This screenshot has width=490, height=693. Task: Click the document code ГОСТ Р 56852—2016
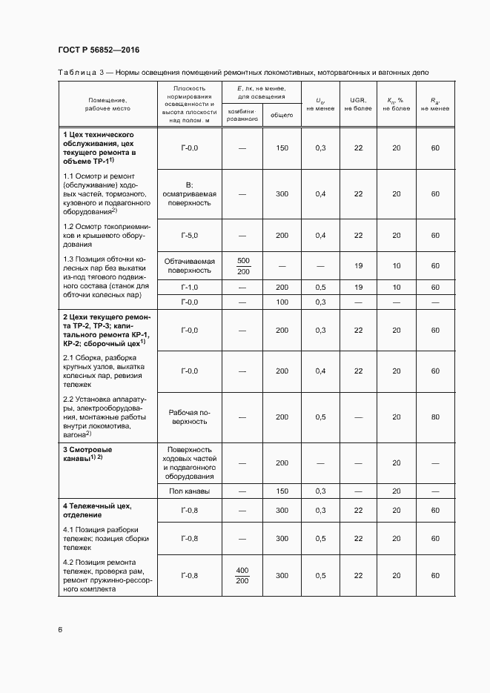click(99, 50)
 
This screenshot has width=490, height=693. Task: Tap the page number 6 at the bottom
click(60, 630)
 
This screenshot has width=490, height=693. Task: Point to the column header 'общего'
click(281, 115)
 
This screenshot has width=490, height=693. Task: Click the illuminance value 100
click(282, 302)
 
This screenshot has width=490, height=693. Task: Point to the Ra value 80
click(434, 417)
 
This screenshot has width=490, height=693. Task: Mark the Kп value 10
click(397, 265)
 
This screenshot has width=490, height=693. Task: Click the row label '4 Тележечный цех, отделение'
click(97, 510)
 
